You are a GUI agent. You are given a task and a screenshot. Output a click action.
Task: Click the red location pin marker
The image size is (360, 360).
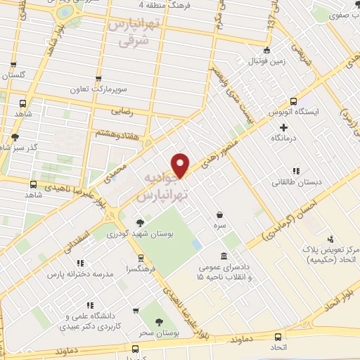181,165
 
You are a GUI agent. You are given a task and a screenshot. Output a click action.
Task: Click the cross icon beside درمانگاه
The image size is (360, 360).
284,127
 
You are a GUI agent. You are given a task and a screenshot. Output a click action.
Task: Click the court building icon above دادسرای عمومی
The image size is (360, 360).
224,256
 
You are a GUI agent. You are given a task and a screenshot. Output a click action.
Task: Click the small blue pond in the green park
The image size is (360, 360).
197,244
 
